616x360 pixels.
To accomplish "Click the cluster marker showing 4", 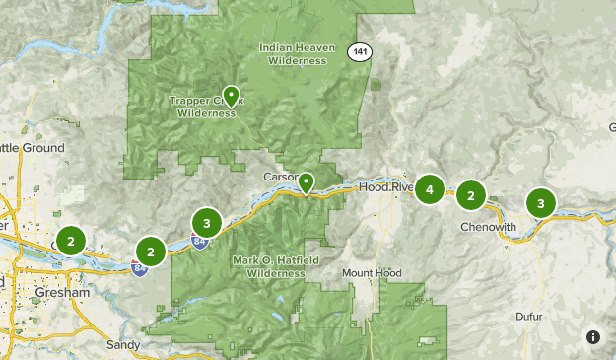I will tap(429, 188).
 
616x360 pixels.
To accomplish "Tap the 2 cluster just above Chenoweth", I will tap(471, 196).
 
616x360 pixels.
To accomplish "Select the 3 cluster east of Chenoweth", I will tap(540, 203).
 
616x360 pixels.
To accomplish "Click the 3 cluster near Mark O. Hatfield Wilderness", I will tap(206, 221).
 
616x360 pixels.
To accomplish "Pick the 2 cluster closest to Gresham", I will tap(70, 240).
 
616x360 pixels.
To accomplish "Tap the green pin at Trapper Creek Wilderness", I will tap(231, 96).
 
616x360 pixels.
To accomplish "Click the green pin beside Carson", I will tap(307, 182).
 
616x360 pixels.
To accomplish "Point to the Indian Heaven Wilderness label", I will tap(293, 53).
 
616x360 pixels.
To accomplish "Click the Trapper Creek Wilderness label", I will tap(207, 106).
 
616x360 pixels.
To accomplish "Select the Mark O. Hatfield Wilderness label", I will tap(269, 266).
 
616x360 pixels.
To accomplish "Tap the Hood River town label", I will tap(387, 186).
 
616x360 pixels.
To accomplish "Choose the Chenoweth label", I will tap(489, 227).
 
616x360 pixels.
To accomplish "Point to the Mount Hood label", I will tap(372, 272).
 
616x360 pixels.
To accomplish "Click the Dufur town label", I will tap(529, 317).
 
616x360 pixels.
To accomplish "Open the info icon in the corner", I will tap(592, 336).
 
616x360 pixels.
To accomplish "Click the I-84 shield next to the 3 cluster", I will tap(200, 241).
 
